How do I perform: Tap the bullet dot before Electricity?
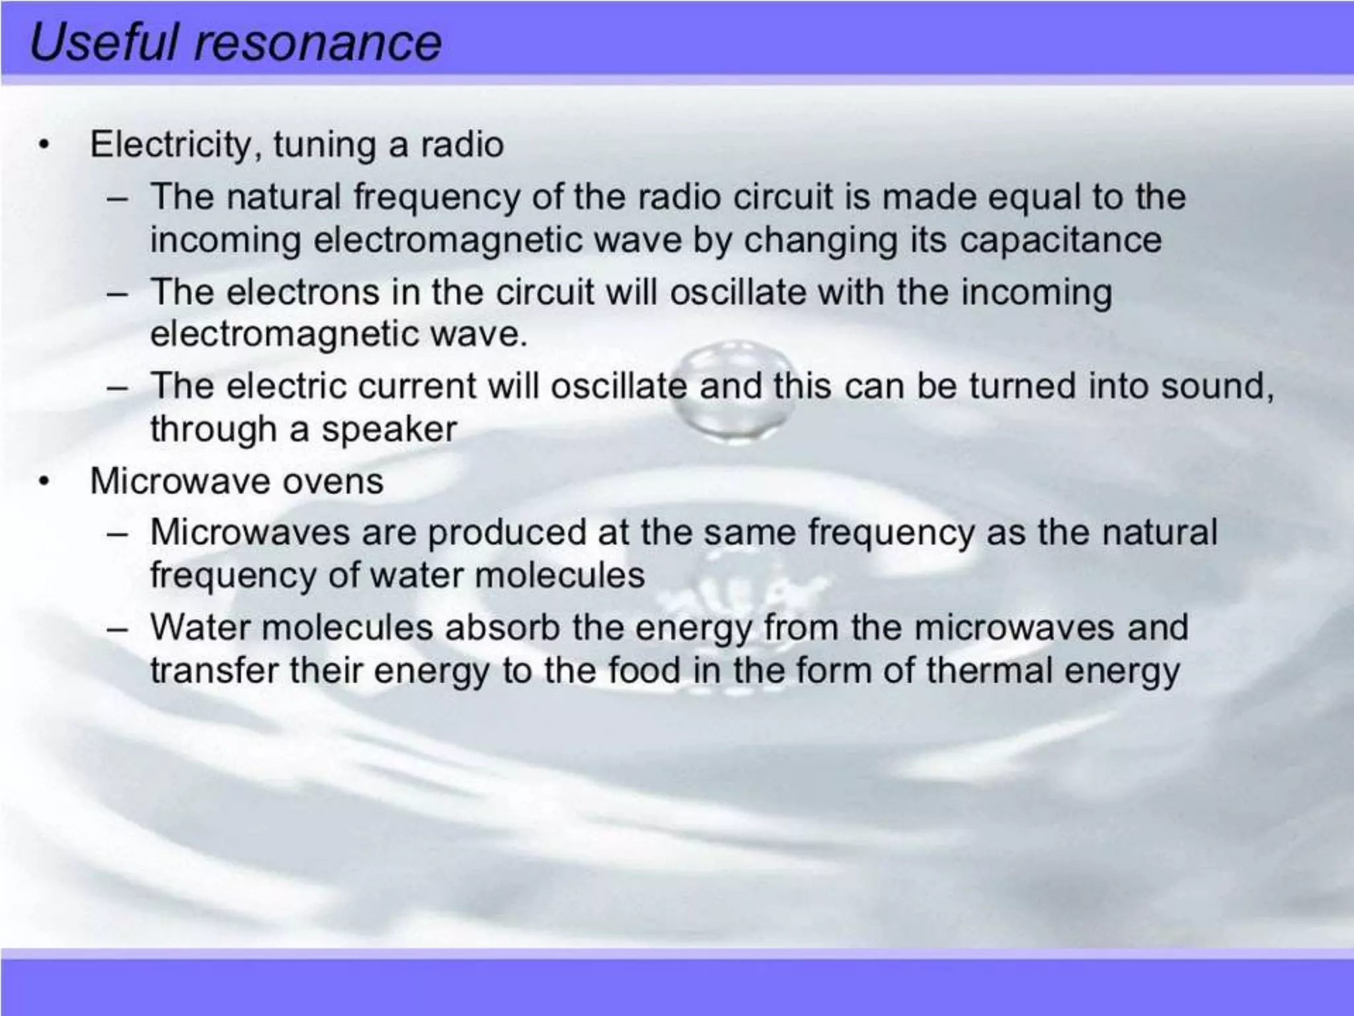pyautogui.click(x=44, y=144)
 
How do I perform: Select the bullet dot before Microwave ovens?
pyautogui.click(x=44, y=481)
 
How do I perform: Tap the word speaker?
pyautogui.click(x=389, y=429)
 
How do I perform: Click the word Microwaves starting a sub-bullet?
pyautogui.click(x=249, y=532)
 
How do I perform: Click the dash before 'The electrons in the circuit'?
pyautogui.click(x=118, y=293)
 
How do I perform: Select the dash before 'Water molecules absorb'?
pyautogui.click(x=118, y=628)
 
